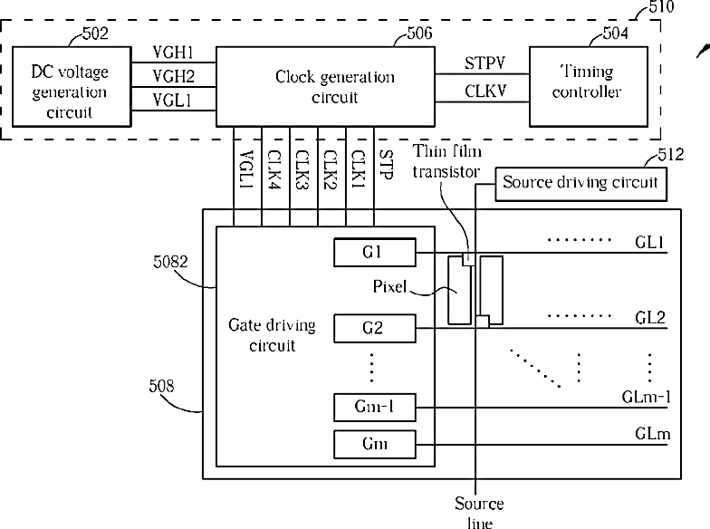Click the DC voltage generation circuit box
click(x=72, y=86)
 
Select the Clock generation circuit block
click(x=325, y=86)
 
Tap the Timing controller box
click(x=589, y=86)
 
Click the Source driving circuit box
click(x=581, y=184)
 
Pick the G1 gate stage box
click(x=375, y=252)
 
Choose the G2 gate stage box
click(x=375, y=328)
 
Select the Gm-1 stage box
click(x=375, y=408)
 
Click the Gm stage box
click(x=375, y=444)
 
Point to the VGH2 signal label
click(x=174, y=76)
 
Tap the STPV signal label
click(x=485, y=63)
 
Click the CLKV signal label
click(x=485, y=91)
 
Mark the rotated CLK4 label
click(x=274, y=169)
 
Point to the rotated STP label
click(x=386, y=165)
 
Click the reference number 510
click(x=661, y=7)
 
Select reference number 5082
click(x=170, y=262)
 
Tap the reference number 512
click(x=670, y=155)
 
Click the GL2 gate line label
click(x=650, y=317)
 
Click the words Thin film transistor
click(x=447, y=161)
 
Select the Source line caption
click(x=480, y=513)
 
